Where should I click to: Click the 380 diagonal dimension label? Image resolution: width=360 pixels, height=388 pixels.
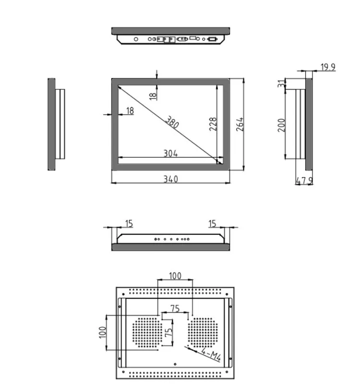point(172,123)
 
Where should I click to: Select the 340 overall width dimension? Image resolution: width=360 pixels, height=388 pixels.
point(170,179)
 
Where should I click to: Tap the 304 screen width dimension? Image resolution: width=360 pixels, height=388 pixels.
point(170,154)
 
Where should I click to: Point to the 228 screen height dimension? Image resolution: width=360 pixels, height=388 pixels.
point(213,124)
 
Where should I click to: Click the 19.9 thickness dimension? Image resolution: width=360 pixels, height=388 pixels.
point(328,67)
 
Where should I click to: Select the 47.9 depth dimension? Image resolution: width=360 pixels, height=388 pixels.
point(304,181)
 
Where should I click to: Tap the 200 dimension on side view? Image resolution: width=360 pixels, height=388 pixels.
point(282,125)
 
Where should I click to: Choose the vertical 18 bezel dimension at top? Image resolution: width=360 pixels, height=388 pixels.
point(153,96)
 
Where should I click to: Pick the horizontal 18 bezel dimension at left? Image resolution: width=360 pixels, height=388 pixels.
point(130,111)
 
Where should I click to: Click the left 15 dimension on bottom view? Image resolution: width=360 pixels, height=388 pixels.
point(129,223)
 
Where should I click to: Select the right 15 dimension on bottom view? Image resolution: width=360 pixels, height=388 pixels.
point(212,223)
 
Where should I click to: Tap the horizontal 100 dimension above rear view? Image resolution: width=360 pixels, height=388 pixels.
point(175,276)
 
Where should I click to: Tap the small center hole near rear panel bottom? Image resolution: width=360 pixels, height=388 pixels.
point(175,364)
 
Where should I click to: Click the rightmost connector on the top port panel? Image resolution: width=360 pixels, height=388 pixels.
point(211,39)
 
